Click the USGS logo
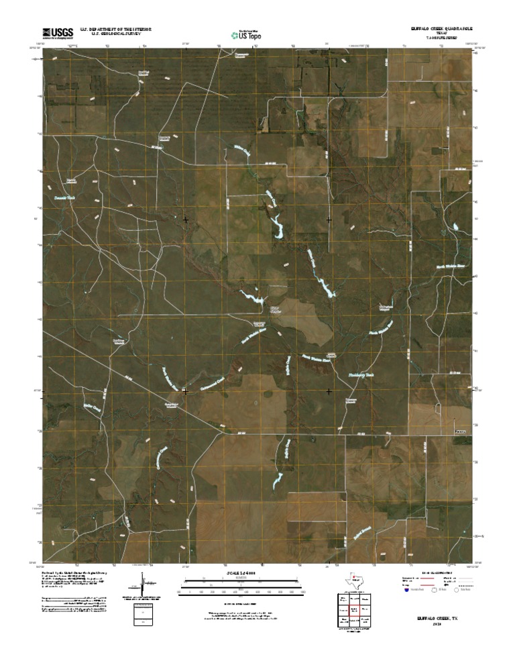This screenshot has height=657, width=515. click(x=58, y=32)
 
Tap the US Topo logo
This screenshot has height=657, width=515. click(x=246, y=34)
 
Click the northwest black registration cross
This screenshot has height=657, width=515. click(x=186, y=219)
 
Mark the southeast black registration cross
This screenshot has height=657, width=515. click(x=329, y=391)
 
